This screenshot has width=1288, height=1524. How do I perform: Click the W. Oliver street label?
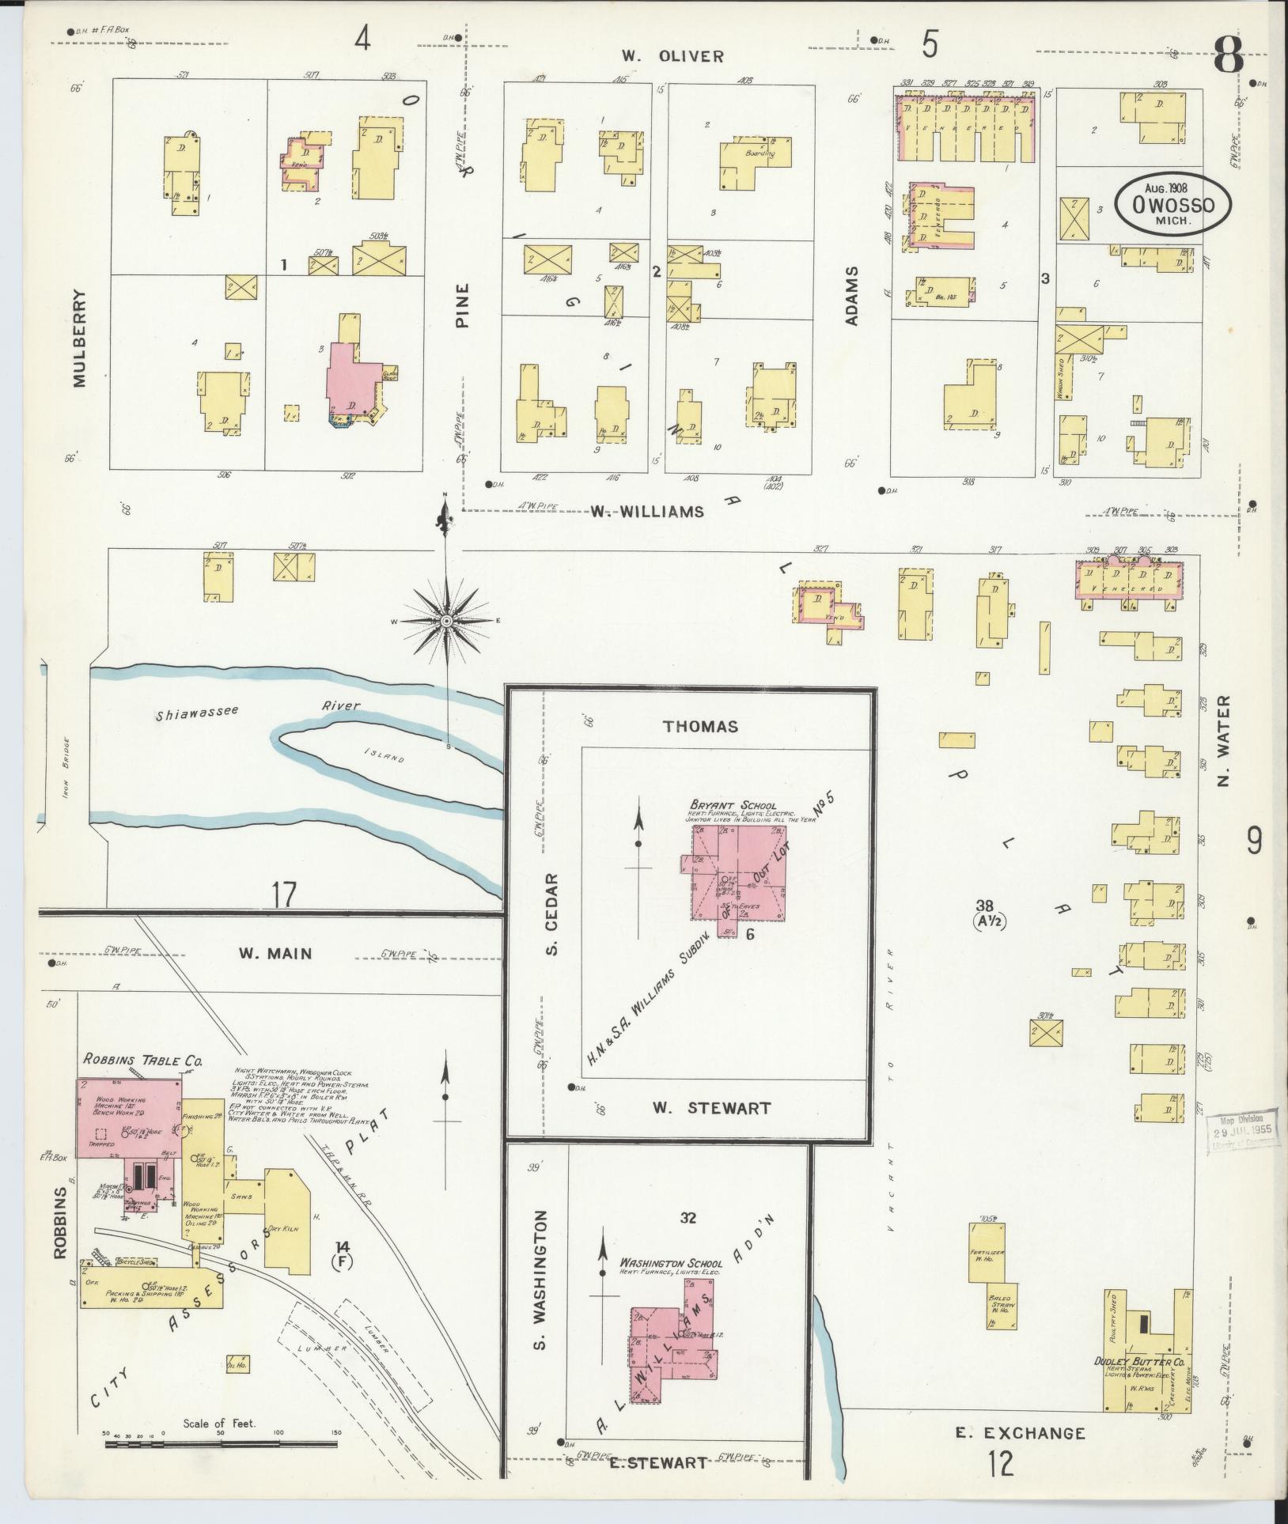(x=672, y=56)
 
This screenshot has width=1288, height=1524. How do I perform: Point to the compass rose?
(x=446, y=622)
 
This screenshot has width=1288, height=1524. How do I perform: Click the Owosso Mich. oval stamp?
(x=1173, y=203)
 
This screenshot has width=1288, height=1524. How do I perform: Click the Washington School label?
(x=670, y=1263)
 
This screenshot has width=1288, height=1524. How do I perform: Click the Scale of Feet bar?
(x=221, y=1443)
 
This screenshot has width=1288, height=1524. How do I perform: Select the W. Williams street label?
(x=646, y=512)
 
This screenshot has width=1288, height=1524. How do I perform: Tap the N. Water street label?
(x=1225, y=741)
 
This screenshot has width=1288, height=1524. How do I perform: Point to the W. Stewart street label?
(x=711, y=1107)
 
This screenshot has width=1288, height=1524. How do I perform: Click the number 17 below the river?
(x=284, y=894)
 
